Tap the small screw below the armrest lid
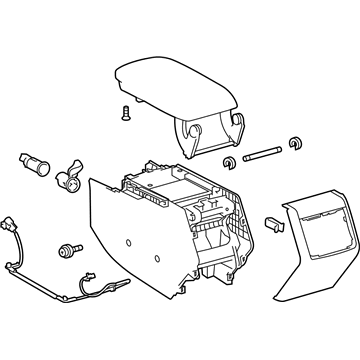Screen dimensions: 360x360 coord(125,112)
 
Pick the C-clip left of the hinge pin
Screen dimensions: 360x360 coord(230,161)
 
